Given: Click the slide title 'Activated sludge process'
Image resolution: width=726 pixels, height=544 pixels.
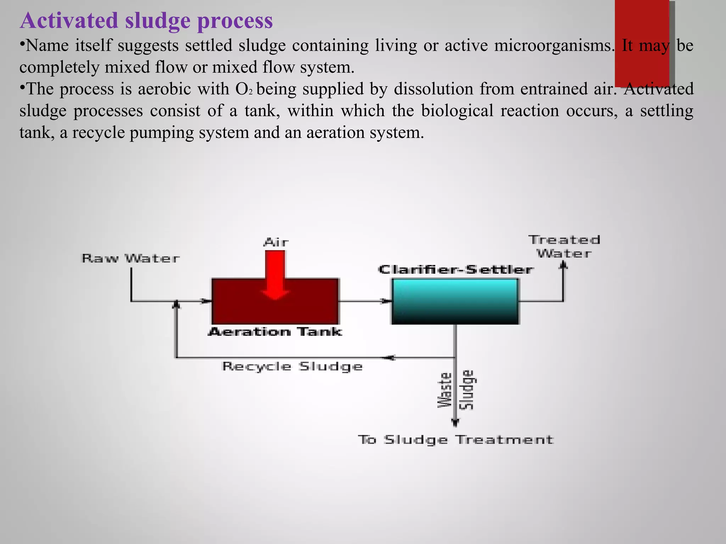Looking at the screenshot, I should [x=146, y=20].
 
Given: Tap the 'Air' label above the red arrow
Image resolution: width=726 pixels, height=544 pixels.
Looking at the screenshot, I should [x=276, y=243].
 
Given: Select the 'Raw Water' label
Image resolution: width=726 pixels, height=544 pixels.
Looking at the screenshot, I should [x=130, y=258].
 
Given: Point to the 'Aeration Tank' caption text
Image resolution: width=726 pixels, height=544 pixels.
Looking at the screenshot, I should [x=275, y=332].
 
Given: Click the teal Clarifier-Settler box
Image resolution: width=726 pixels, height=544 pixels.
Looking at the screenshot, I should [x=455, y=301].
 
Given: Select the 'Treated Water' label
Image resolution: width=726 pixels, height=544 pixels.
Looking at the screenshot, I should [x=564, y=246].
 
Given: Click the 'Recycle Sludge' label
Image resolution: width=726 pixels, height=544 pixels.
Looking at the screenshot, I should [x=292, y=366].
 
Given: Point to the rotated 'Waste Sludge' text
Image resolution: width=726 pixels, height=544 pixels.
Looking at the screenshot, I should [x=456, y=390].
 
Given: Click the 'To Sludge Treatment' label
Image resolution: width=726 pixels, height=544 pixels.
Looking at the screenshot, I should [x=456, y=440].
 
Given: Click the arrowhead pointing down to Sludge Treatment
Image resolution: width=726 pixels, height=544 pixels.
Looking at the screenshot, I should [x=456, y=423].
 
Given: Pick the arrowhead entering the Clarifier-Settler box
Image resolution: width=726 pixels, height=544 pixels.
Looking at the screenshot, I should [x=385, y=301].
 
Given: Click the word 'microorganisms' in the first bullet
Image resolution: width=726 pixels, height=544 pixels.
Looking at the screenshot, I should [x=554, y=46].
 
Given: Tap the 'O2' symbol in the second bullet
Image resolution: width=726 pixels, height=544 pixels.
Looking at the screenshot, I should [x=244, y=89].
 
